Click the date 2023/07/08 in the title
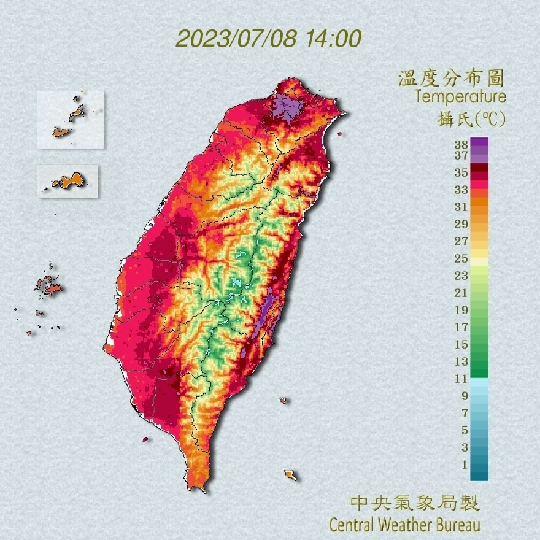click(x=237, y=39)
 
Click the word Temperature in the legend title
click(x=460, y=97)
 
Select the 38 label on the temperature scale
click(x=461, y=144)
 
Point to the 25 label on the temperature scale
click(x=461, y=258)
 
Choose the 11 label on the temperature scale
click(x=461, y=379)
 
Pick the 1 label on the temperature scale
click(x=465, y=465)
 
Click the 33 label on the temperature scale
click(x=461, y=190)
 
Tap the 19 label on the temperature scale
click(x=461, y=310)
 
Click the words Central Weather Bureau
click(x=404, y=525)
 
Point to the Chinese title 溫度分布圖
click(x=451, y=79)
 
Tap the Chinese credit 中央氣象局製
click(x=415, y=504)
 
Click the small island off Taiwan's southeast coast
click(x=290, y=475)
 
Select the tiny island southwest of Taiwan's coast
click(x=145, y=439)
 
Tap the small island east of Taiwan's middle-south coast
click(x=283, y=401)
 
